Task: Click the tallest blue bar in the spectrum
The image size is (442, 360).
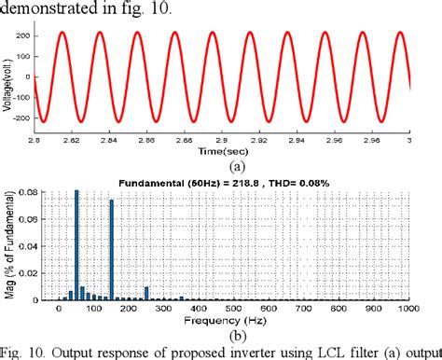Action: (x=76, y=245)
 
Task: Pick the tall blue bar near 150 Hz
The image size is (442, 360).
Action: (x=112, y=250)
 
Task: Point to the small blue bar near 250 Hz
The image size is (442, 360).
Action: (x=146, y=294)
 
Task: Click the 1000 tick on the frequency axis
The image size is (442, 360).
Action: (x=407, y=309)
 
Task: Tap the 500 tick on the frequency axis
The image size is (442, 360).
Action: (x=233, y=309)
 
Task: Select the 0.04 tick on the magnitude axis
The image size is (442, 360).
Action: (x=29, y=245)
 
